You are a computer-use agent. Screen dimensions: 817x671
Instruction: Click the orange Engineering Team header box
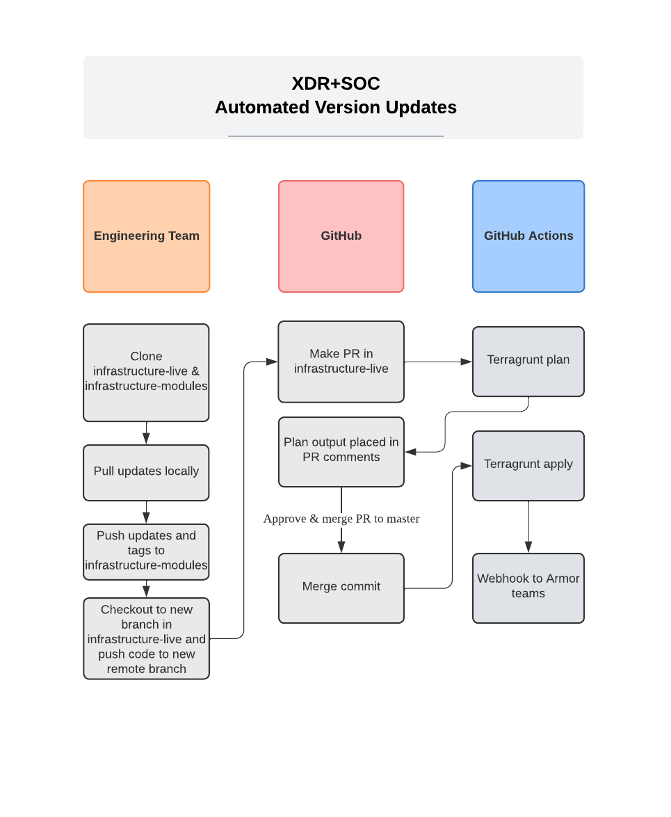click(x=146, y=236)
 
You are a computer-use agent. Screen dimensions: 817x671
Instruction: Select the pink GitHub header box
click(x=341, y=236)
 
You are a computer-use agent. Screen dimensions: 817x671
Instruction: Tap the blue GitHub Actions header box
click(x=528, y=236)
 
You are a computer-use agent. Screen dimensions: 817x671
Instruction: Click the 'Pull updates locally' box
click(x=146, y=472)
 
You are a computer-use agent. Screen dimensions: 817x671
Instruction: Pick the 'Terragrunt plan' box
click(x=528, y=361)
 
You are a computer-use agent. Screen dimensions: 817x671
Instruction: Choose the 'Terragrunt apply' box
click(x=528, y=465)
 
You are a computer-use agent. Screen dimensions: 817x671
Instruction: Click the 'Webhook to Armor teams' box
click(x=528, y=588)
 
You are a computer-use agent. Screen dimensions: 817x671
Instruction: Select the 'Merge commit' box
click(x=341, y=588)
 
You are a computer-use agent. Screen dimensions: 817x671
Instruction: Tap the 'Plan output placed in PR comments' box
click(x=341, y=451)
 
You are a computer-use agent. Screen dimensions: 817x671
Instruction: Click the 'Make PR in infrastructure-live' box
click(x=341, y=362)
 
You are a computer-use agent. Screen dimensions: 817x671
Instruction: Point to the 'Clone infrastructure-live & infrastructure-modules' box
click(x=146, y=372)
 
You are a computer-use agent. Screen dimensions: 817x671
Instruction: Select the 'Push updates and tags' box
click(x=146, y=551)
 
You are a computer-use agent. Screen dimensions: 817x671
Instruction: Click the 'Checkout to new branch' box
click(x=146, y=638)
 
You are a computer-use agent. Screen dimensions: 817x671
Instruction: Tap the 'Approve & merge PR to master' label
click(x=341, y=519)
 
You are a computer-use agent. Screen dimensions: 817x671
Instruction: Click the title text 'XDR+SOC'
click(x=336, y=84)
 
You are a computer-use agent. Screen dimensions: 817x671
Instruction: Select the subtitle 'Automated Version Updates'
click(x=336, y=108)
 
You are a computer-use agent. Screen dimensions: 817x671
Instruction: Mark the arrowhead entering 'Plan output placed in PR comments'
click(x=411, y=452)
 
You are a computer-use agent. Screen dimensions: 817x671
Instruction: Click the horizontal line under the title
click(x=336, y=136)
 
